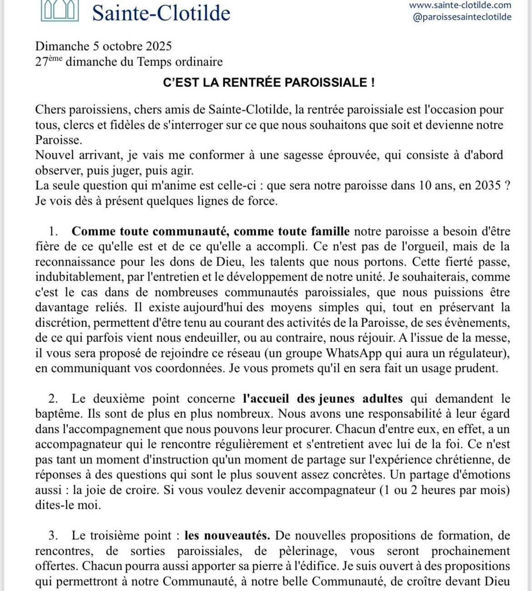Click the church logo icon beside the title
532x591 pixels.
pos(60,10)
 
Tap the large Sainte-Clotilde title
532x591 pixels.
pos(161,12)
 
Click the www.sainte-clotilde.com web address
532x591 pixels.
pos(460,5)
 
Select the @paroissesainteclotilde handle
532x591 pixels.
pos(462,17)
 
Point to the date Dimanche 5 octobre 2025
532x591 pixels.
pos(103,46)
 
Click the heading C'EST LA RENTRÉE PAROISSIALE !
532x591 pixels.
pos(269,83)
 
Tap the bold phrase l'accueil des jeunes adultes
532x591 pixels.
pos(323,399)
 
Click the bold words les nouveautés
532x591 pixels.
pos(227,536)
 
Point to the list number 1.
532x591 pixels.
pos(53,231)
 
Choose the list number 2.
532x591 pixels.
pos(53,399)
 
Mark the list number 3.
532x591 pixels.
pos(53,536)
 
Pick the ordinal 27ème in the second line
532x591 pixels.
pos(49,62)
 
